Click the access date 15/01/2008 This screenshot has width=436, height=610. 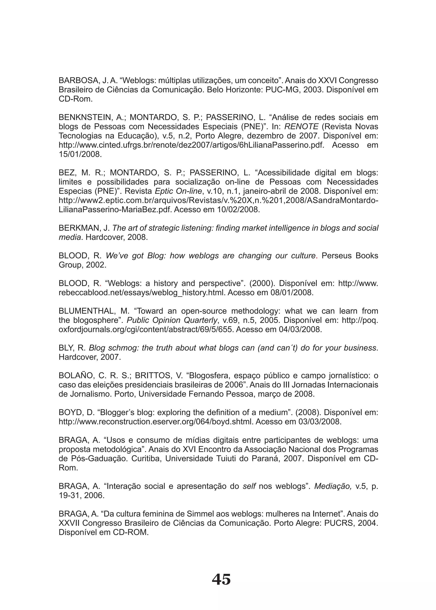click(80, 154)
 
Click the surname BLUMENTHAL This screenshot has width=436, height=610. click(87, 311)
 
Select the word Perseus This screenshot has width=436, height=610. click(337, 256)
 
